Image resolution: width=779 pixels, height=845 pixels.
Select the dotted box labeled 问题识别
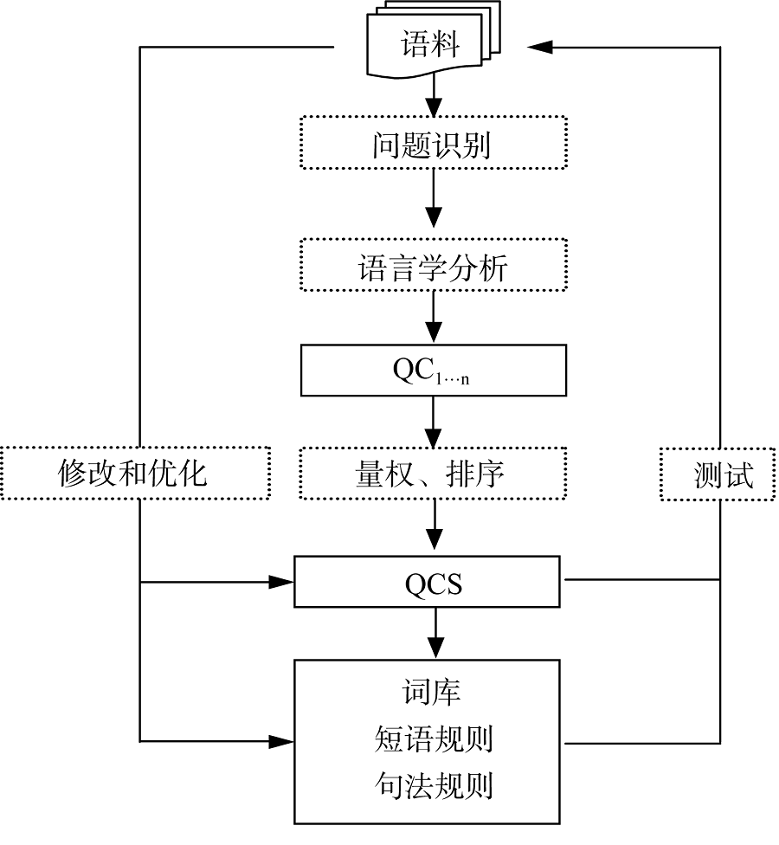(432, 143)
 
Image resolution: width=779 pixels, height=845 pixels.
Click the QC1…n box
(432, 371)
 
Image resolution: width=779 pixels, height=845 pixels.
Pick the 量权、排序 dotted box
(432, 474)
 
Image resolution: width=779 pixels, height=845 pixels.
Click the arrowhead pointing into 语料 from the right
(541, 46)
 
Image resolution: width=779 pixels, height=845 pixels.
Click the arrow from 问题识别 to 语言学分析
(434, 203)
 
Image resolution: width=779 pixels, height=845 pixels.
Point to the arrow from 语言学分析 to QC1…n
(434, 319)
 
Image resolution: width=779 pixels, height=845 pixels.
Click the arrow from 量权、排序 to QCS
(434, 526)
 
